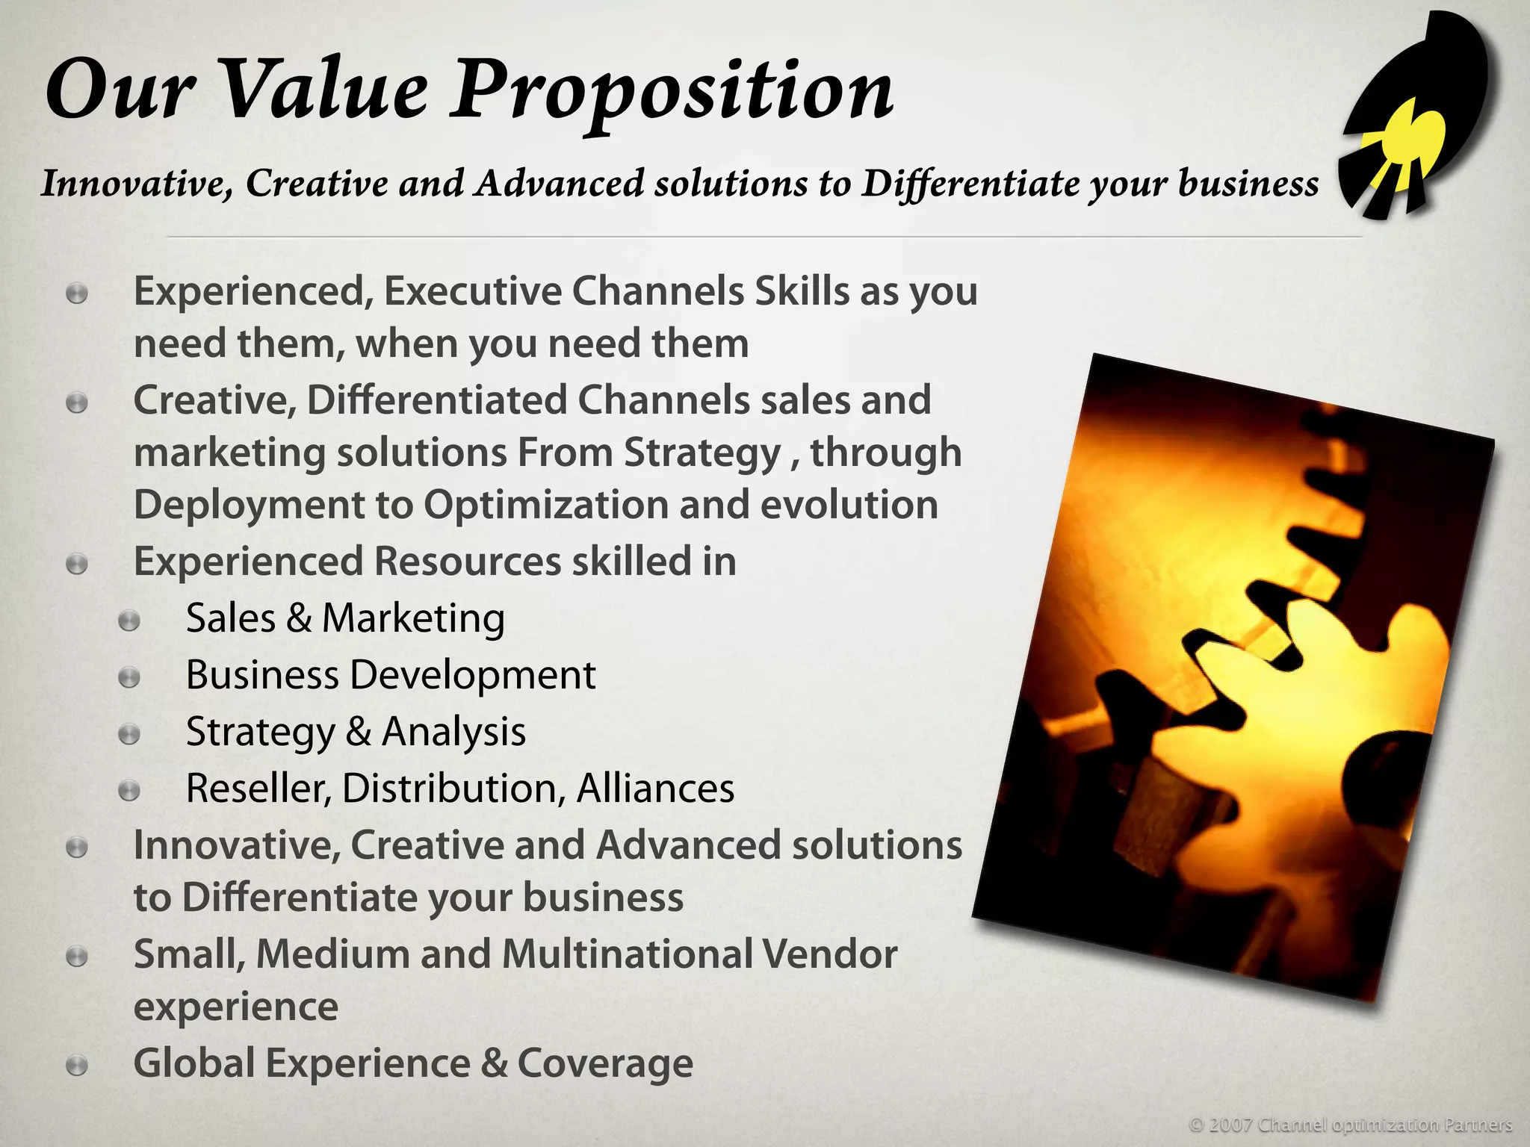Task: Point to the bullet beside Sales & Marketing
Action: pos(129,621)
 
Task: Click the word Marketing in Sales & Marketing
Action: pos(413,619)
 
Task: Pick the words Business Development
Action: pos(390,676)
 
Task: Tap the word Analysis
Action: pos(453,733)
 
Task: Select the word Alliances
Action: pos(655,789)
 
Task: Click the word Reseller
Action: pos(258,789)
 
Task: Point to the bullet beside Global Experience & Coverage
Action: pos(77,1066)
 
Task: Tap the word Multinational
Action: pos(627,954)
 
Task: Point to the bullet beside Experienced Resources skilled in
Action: pos(77,564)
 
